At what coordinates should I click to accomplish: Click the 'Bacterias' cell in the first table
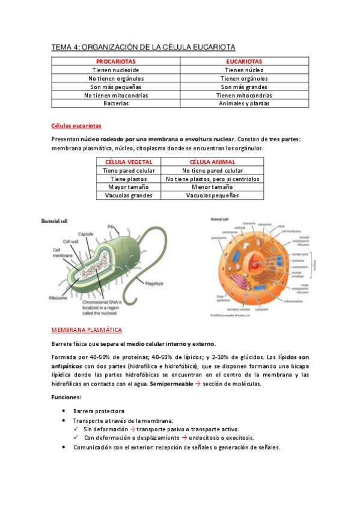[116, 103]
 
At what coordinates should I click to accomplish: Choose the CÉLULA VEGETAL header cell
[129, 162]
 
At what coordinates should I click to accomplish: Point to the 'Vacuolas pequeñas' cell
[212, 195]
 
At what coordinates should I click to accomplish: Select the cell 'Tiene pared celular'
[129, 170]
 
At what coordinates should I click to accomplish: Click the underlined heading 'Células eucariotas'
[76, 126]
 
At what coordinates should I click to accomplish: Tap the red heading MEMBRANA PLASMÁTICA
[87, 330]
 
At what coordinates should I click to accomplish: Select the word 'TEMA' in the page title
[61, 47]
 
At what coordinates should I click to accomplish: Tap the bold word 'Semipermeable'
[171, 384]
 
